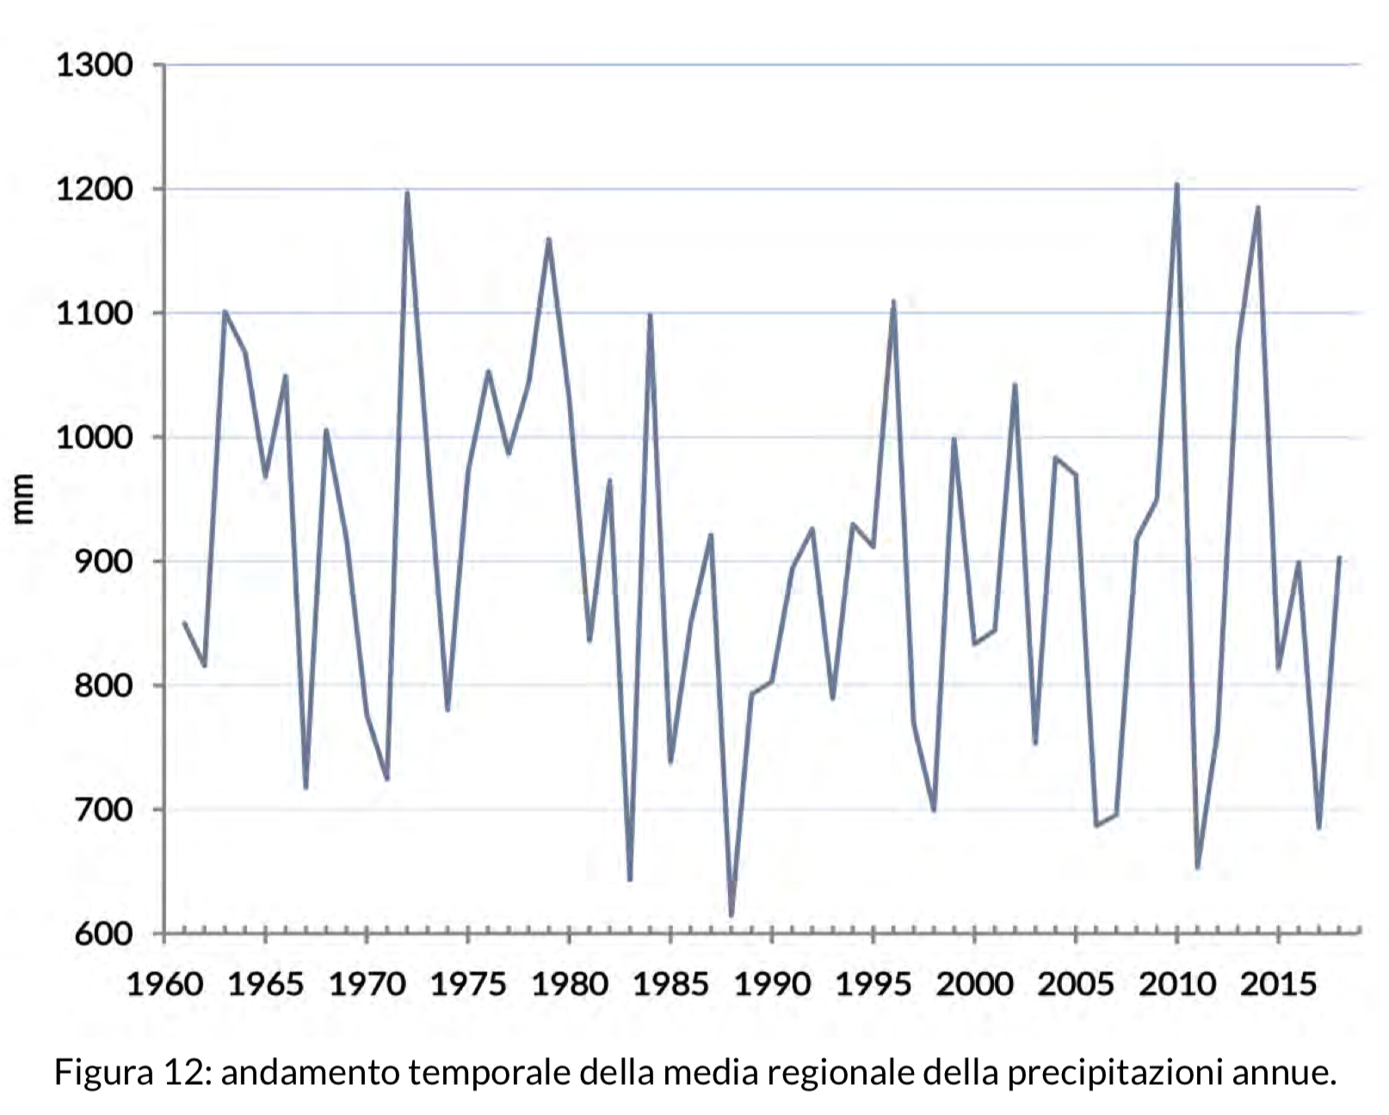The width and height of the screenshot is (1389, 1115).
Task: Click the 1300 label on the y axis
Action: (x=94, y=65)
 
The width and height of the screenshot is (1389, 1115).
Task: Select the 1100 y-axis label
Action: (x=94, y=314)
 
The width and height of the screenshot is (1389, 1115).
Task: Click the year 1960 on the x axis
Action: (x=164, y=983)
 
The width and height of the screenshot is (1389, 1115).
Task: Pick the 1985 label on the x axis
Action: (x=671, y=983)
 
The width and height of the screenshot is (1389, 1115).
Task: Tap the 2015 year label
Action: (x=1279, y=983)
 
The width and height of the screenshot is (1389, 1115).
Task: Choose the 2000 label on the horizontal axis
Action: (x=975, y=983)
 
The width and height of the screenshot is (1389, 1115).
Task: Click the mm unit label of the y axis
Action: (x=23, y=499)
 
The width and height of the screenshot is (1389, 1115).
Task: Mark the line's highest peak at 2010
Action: (x=1176, y=184)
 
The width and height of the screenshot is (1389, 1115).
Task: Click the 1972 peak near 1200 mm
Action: (x=407, y=192)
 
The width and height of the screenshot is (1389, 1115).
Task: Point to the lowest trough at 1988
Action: (x=731, y=915)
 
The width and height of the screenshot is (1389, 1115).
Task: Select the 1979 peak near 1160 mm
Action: (x=549, y=239)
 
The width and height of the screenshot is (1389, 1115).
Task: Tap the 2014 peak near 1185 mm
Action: (x=1258, y=207)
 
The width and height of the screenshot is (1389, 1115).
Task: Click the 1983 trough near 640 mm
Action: (x=630, y=879)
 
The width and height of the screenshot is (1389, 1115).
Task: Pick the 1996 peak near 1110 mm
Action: (x=893, y=301)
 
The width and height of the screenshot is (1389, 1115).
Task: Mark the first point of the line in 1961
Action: (x=184, y=622)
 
